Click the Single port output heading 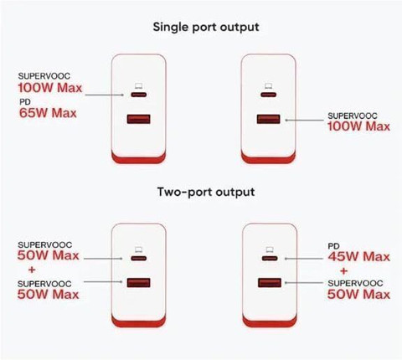[x=206, y=28]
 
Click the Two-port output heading [x=206, y=193]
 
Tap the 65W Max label [x=48, y=113]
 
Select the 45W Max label [x=358, y=256]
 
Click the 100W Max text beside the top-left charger [x=50, y=88]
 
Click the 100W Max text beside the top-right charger [x=358, y=126]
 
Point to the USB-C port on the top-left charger [x=139, y=95]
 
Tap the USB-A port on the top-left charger [x=139, y=119]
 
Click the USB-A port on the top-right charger [x=269, y=119]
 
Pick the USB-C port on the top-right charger [x=269, y=95]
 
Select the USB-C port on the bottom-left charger [x=139, y=259]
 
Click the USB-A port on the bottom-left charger [x=139, y=283]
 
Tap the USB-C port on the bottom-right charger [x=270, y=259]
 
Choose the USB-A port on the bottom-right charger [x=270, y=283]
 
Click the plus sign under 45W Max [x=344, y=270]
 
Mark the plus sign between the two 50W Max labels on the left [x=32, y=270]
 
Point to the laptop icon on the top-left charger [x=139, y=86]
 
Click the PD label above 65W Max [x=25, y=102]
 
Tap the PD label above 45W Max [x=333, y=246]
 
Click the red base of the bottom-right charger [x=270, y=321]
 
